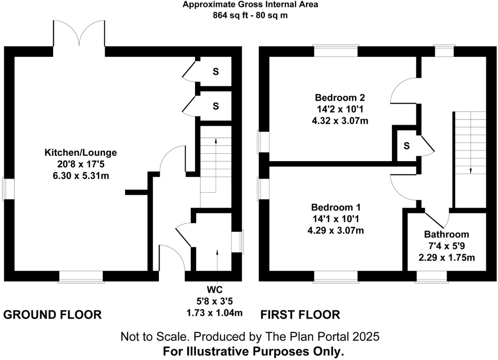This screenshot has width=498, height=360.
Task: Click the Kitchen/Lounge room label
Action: [x=81, y=152]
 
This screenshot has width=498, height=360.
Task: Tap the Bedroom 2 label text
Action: [x=340, y=98]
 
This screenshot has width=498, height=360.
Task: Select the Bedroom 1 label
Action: [x=336, y=207]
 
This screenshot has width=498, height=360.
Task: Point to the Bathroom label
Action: [x=446, y=234]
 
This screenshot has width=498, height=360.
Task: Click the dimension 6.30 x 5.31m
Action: [x=81, y=175]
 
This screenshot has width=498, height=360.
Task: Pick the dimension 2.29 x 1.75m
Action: [x=446, y=257]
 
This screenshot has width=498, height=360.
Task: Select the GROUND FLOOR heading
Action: [x=52, y=315]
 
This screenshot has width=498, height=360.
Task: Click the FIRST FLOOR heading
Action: [x=300, y=315]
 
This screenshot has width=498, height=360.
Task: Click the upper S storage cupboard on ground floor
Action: [x=216, y=71]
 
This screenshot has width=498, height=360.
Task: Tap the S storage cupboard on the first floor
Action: [x=406, y=146]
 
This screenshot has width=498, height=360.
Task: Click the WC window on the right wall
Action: [x=237, y=242]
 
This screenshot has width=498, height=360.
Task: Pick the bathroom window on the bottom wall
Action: [x=432, y=277]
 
